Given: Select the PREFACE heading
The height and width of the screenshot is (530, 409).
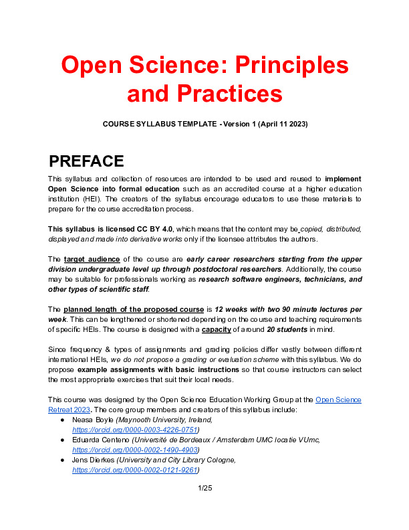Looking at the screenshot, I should pyautogui.click(x=86, y=161).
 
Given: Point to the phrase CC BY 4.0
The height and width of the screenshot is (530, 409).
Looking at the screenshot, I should pyautogui.click(x=142, y=228).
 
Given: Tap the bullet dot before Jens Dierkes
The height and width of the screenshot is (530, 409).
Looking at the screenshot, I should pyautogui.click(x=62, y=460).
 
